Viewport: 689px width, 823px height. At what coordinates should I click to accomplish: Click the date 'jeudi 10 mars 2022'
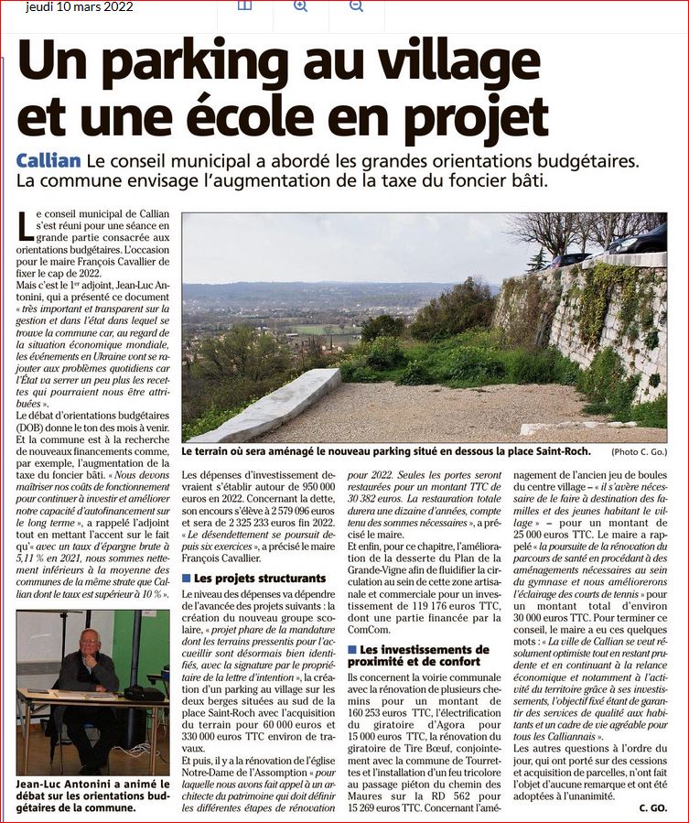coord(80,7)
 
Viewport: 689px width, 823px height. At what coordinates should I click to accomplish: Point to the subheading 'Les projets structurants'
coord(259,579)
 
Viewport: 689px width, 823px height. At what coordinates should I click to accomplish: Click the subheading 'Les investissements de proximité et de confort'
coord(417,655)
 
